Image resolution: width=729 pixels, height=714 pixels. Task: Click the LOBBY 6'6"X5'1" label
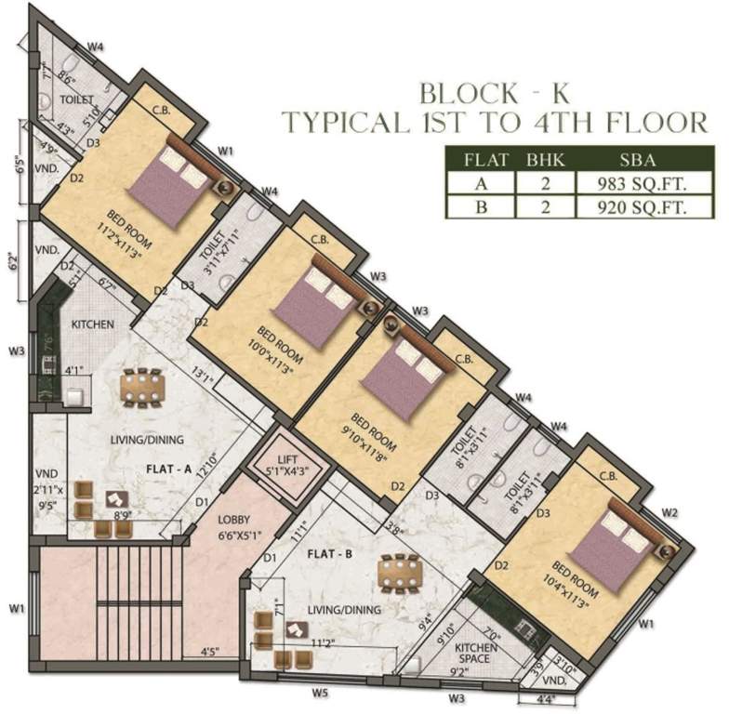click(x=237, y=527)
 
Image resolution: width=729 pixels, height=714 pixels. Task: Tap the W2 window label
click(x=669, y=512)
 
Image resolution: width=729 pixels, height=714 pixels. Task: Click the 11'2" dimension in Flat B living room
click(x=323, y=642)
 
